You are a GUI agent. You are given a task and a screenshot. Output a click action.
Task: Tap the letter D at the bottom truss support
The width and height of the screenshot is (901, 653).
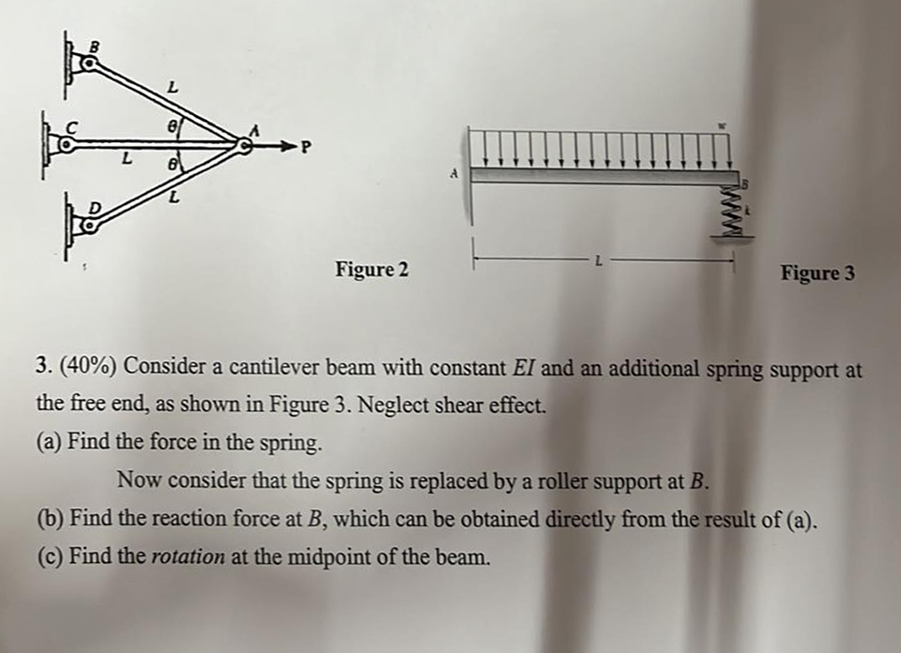pos(95,206)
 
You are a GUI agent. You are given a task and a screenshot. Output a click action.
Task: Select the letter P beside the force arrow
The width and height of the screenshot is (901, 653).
pos(306,149)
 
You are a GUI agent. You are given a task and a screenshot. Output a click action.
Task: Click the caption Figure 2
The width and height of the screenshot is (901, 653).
pos(372,269)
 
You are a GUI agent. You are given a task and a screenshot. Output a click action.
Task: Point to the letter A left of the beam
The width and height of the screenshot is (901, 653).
pos(453,174)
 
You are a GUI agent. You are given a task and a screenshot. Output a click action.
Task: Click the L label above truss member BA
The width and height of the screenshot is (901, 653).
pos(173,86)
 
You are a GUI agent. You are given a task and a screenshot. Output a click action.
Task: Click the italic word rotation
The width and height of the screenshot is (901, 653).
pos(188,557)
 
